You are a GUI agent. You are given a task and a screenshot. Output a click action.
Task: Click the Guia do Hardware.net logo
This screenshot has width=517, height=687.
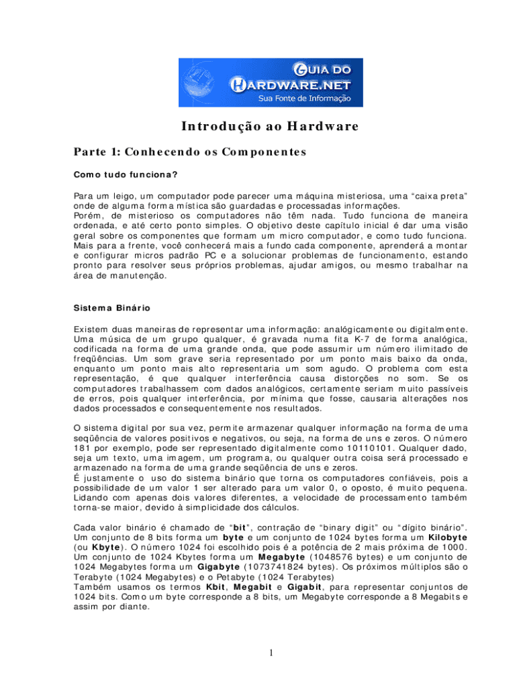(270, 82)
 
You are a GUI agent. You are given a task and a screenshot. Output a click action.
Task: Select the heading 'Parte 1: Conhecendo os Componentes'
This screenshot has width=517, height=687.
(190, 152)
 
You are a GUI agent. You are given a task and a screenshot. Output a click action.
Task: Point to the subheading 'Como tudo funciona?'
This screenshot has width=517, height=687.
(126, 175)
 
